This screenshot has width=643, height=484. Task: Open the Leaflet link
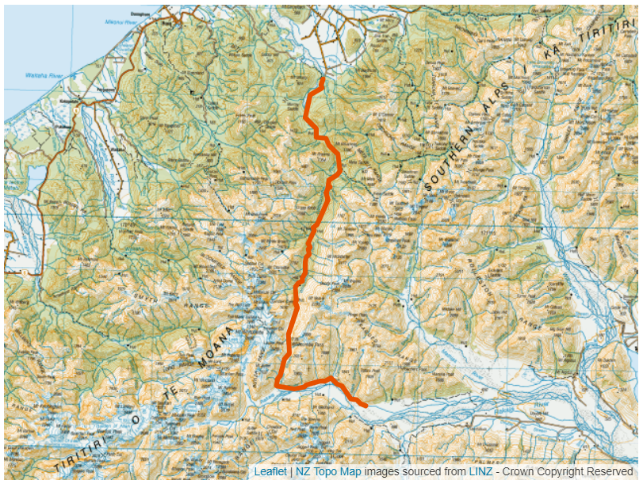pyautogui.click(x=270, y=471)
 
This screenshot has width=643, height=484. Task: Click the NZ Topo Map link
pyautogui.click(x=328, y=471)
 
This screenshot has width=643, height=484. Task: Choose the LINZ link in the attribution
pyautogui.click(x=480, y=471)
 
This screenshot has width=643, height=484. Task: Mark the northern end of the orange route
pyautogui.click(x=322, y=80)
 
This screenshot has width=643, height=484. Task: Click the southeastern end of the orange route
pyautogui.click(x=365, y=406)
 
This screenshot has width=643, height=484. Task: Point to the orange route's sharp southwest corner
pyautogui.click(x=277, y=384)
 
